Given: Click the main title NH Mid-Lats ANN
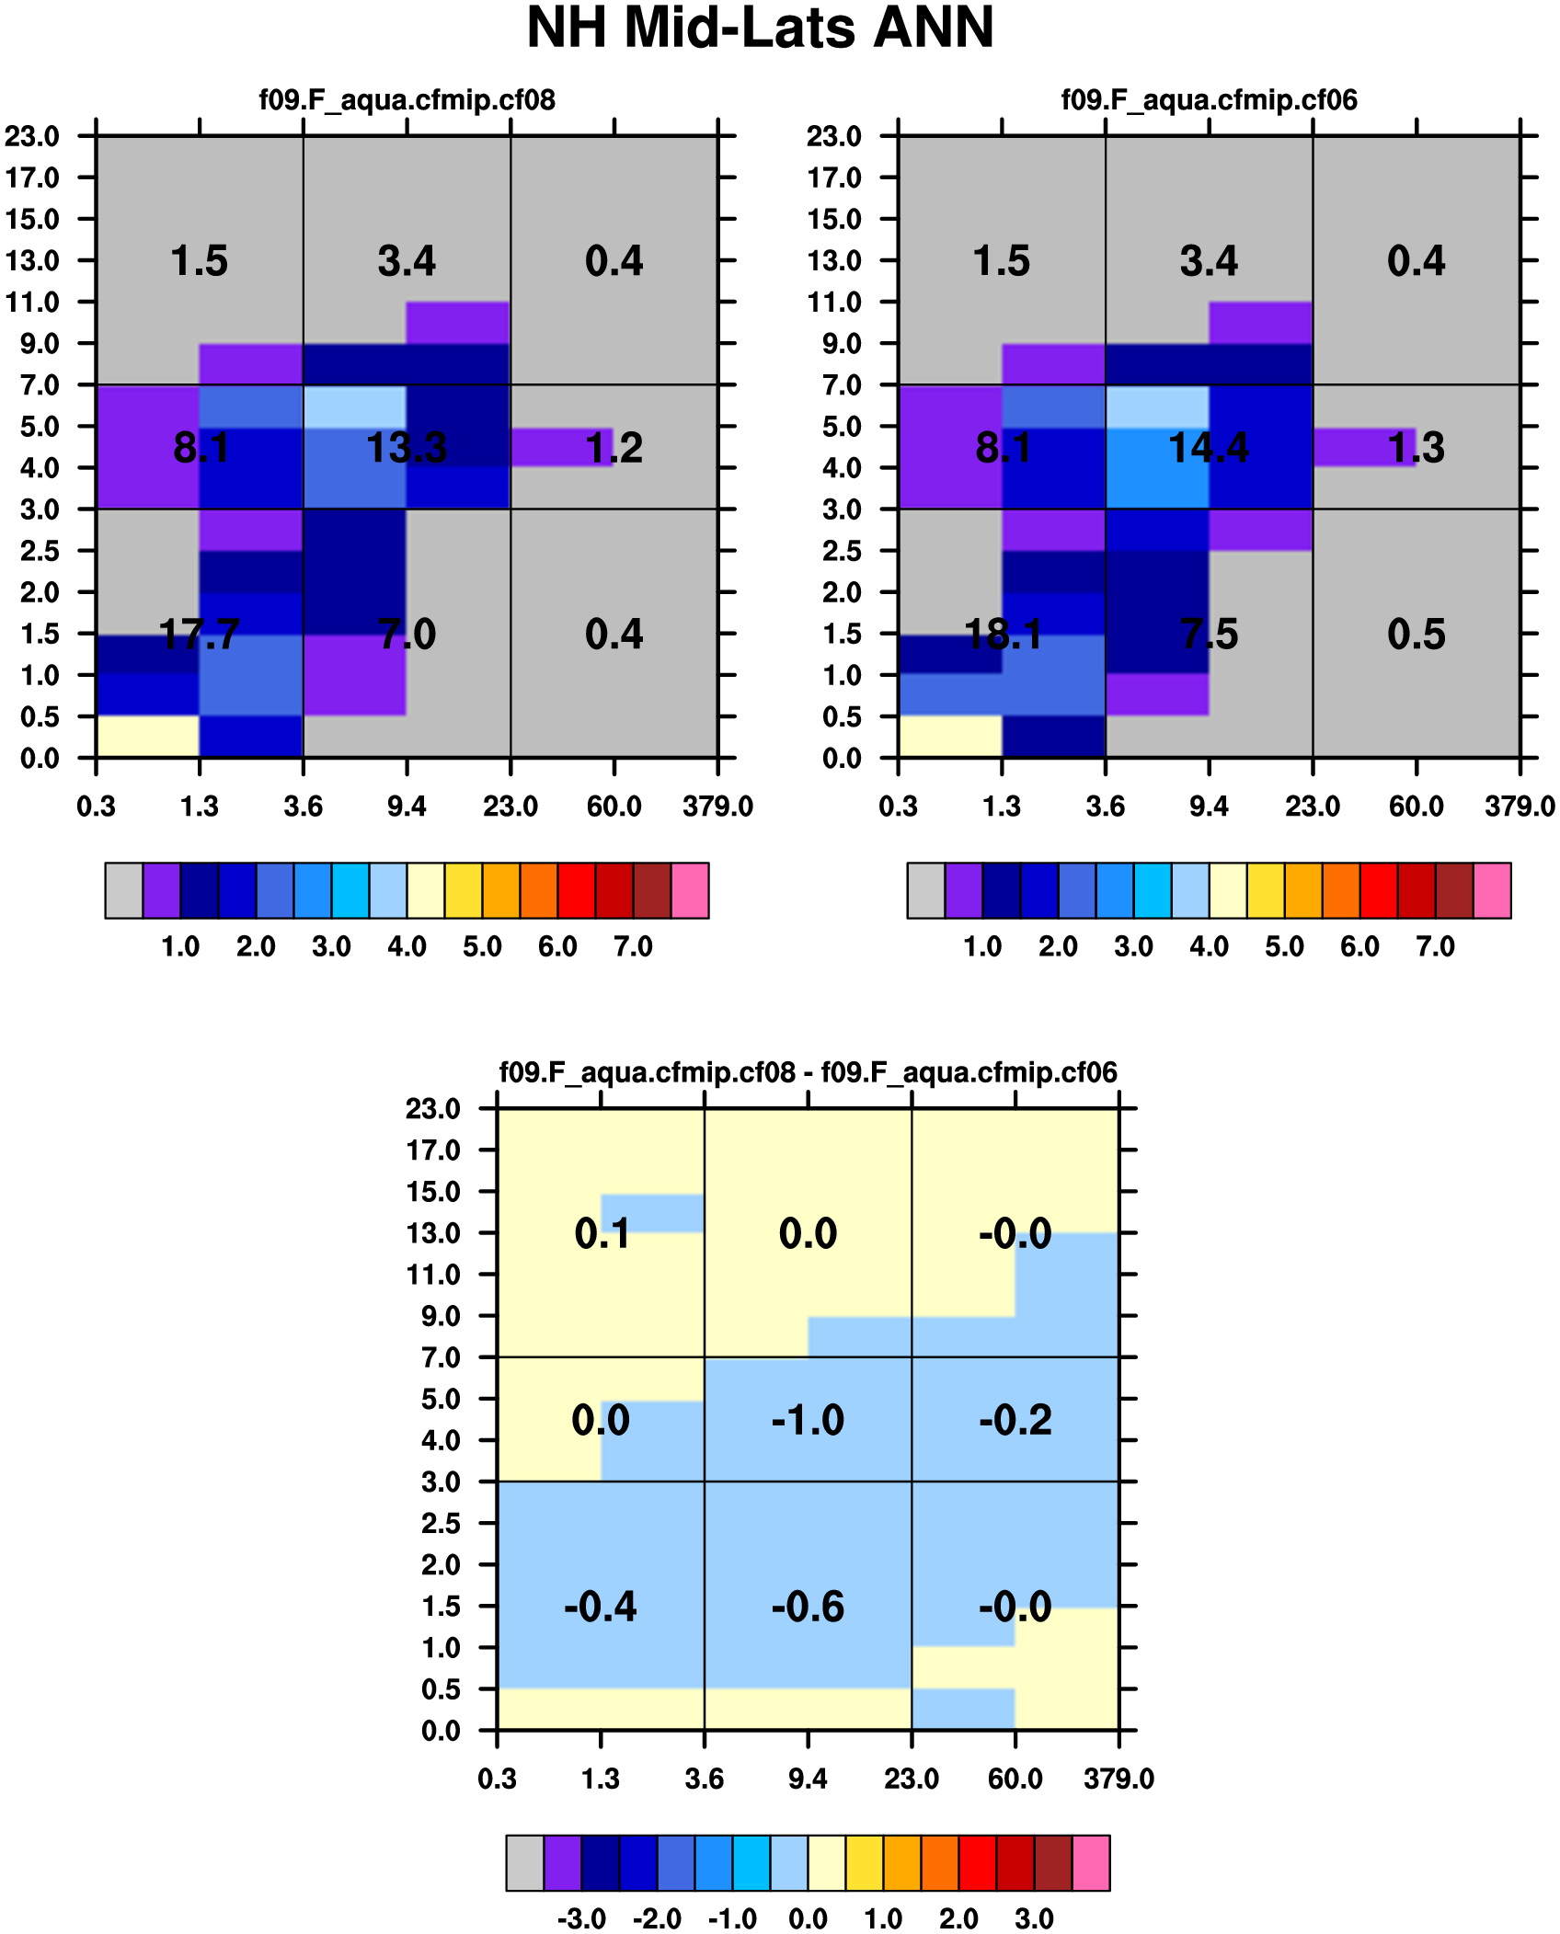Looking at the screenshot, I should pyautogui.click(x=760, y=28).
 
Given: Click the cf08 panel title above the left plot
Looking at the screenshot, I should pyautogui.click(x=407, y=99).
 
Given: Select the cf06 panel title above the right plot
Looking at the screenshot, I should pyautogui.click(x=1209, y=99).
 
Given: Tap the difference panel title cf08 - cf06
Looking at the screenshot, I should pyautogui.click(x=808, y=1072).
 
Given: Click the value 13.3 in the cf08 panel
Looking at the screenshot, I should pyautogui.click(x=407, y=448).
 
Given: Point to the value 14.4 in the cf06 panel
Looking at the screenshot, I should pyautogui.click(x=1209, y=448).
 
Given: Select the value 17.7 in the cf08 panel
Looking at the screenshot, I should pyautogui.click(x=200, y=635).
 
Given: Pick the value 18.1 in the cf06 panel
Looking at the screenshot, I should pyautogui.click(x=1003, y=635).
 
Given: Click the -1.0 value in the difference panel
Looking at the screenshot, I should pyautogui.click(x=808, y=1420).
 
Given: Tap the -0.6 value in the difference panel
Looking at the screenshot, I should pyautogui.click(x=808, y=1607).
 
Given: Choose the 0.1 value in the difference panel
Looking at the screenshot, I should pyautogui.click(x=602, y=1233).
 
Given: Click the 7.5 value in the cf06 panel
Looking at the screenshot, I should pyautogui.click(x=1209, y=635).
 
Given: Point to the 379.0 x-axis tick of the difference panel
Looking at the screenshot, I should pyautogui.click(x=1118, y=1779).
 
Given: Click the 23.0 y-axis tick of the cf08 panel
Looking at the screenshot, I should pyautogui.click(x=32, y=136).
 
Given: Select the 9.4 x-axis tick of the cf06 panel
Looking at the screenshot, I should pyautogui.click(x=1209, y=807).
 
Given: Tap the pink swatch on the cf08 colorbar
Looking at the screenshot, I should pyautogui.click(x=690, y=890).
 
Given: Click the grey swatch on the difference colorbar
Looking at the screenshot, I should pyautogui.click(x=524, y=1863).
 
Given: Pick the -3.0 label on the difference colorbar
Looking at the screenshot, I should pyautogui.click(x=581, y=1919).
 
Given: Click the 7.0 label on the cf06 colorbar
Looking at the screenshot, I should pyautogui.click(x=1435, y=946).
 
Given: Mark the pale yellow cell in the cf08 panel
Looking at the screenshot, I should pyautogui.click(x=148, y=737).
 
